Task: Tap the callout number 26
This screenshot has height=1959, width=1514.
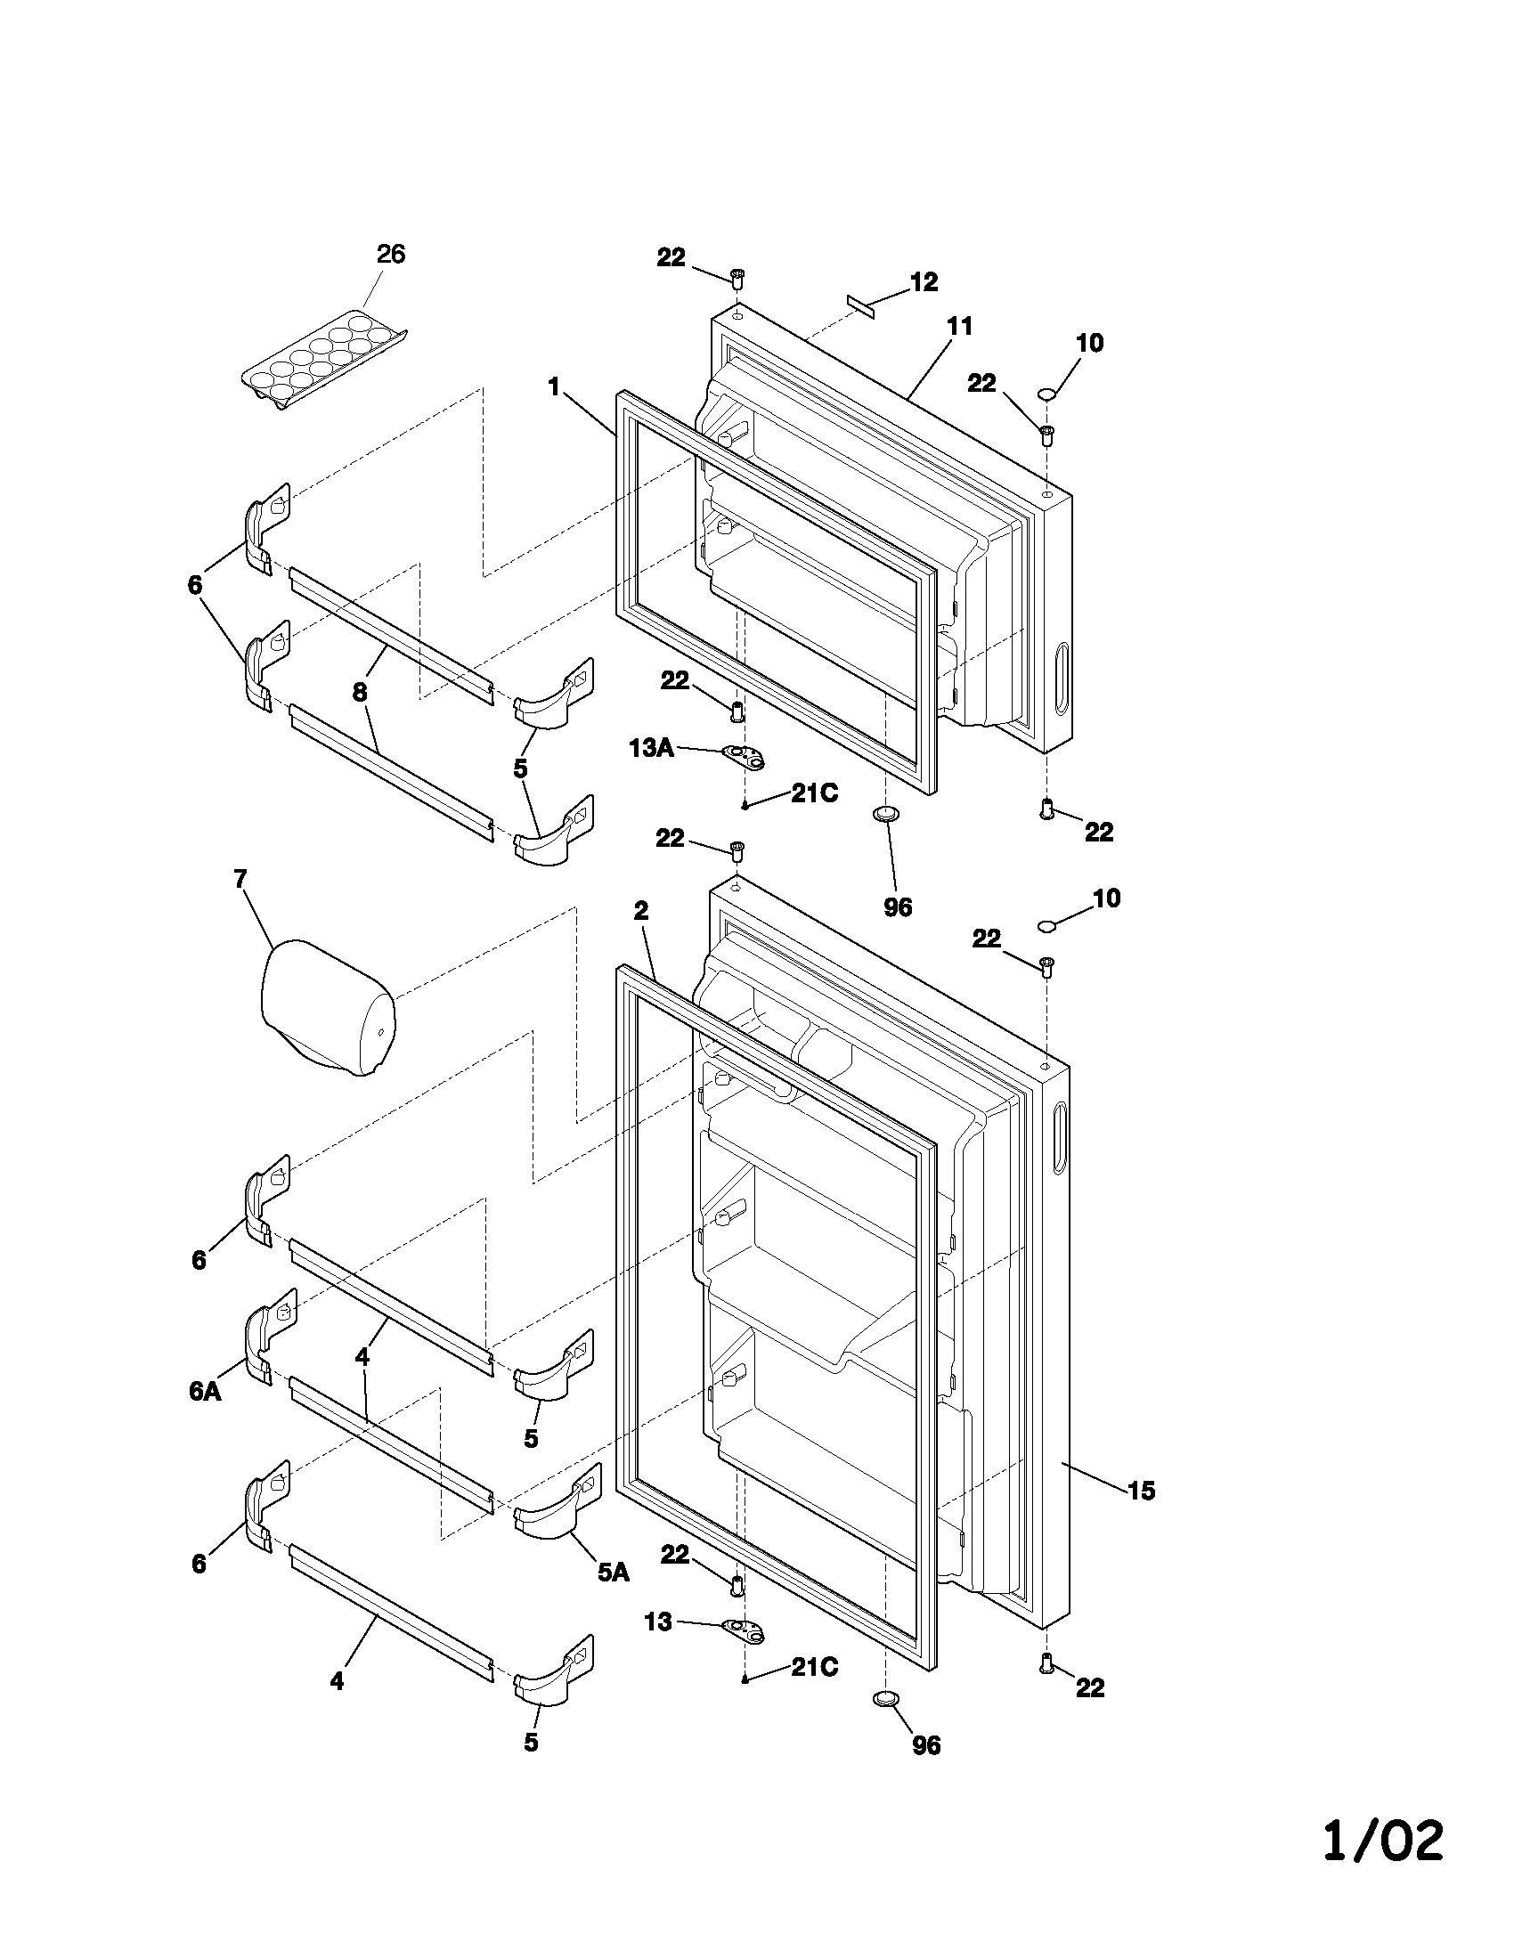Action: click(391, 254)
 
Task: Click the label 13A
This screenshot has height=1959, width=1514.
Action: click(652, 748)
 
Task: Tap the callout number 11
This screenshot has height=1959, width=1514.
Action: click(960, 326)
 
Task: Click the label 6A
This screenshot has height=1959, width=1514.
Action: click(206, 1390)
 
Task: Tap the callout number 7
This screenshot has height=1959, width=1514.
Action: click(240, 878)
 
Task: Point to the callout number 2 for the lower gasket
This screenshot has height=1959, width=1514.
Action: click(640, 911)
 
